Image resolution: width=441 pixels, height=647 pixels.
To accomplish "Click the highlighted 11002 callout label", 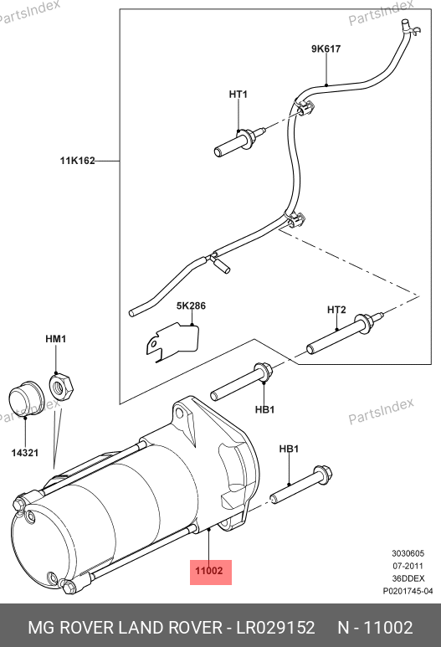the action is (x=208, y=571).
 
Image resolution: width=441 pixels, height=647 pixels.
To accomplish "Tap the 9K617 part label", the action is (x=326, y=49).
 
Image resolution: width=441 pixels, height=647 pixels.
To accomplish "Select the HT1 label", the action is (x=238, y=94).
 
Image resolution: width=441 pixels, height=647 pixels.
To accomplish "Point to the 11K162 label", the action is (x=78, y=161).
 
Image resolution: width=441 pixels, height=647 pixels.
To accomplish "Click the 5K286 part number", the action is (x=191, y=306).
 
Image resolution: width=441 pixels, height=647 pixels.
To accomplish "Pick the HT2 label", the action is (x=336, y=310).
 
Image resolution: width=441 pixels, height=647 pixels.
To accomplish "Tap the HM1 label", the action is (x=56, y=339).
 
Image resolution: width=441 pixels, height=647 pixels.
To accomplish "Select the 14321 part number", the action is (x=25, y=453).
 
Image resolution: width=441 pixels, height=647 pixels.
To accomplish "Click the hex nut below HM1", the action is (x=61, y=386).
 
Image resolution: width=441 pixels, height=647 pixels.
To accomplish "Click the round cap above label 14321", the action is (x=26, y=399).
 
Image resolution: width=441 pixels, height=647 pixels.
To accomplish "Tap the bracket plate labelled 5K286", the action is (x=173, y=341).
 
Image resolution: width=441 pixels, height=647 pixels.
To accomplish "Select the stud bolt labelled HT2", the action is (x=345, y=333).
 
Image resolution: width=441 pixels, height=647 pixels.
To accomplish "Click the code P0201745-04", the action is (x=408, y=591).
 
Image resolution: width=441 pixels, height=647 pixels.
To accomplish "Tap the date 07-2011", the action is (x=408, y=566).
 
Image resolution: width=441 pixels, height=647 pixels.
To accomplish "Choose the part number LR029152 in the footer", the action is (x=275, y=627).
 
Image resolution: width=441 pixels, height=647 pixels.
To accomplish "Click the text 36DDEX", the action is (x=408, y=578).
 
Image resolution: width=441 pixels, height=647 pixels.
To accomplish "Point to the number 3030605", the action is (x=408, y=553).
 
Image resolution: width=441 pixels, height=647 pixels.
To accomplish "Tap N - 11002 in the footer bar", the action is (x=375, y=627).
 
